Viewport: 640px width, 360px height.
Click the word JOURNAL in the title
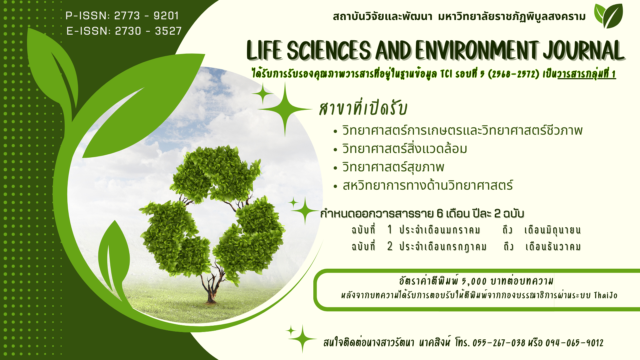(x=583, y=51)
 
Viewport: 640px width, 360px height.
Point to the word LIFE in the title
(x=265, y=51)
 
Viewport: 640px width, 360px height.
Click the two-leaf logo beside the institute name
(x=609, y=16)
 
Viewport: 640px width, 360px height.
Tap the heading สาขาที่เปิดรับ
(x=363, y=108)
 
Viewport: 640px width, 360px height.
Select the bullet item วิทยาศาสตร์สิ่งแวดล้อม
(x=405, y=149)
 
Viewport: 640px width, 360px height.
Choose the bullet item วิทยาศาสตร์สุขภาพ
(x=393, y=167)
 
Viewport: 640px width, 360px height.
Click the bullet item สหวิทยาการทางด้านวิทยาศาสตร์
(x=428, y=185)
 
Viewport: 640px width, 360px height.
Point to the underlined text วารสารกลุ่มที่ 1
(x=587, y=74)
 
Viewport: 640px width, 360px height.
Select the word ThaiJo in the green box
(x=606, y=295)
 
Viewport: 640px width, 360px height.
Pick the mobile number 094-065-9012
(x=574, y=343)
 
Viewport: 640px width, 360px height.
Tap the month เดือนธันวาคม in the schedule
(x=553, y=247)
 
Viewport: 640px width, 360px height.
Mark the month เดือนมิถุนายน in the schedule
(x=552, y=230)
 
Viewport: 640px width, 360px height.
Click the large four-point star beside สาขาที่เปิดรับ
(x=285, y=109)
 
